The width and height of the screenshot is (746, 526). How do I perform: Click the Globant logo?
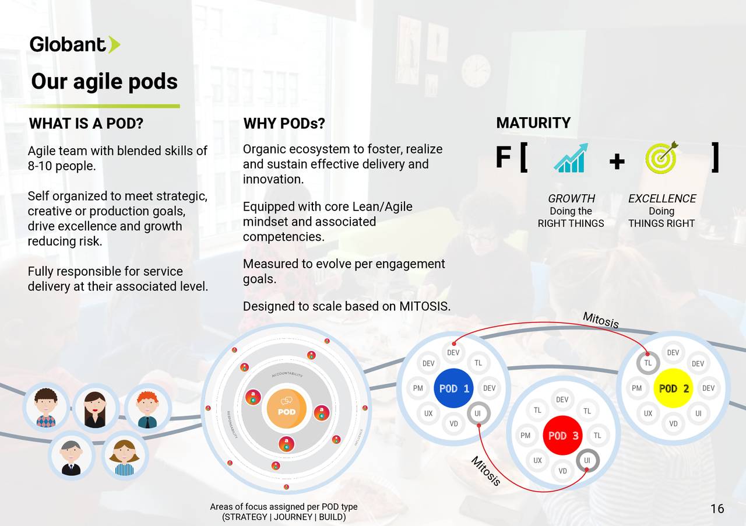(x=75, y=44)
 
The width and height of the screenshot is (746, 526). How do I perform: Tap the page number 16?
(x=717, y=509)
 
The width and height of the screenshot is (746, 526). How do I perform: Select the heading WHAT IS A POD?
(x=86, y=124)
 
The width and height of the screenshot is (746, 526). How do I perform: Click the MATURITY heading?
(x=533, y=123)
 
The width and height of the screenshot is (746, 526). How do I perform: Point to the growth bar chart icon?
(x=571, y=158)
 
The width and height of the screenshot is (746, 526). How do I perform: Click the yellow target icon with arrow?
(x=661, y=157)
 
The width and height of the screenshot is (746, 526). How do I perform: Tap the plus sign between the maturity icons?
(x=617, y=160)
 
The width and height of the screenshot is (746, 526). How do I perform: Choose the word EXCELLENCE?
(x=662, y=198)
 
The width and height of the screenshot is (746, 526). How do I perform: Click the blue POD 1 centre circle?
(x=453, y=388)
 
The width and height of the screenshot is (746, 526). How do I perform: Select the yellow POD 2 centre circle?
(x=674, y=388)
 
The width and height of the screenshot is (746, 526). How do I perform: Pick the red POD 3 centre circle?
(x=562, y=436)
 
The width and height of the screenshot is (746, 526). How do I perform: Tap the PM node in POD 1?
(x=418, y=388)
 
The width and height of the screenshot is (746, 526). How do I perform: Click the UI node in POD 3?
(x=587, y=460)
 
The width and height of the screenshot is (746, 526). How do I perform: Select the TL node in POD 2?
(x=648, y=363)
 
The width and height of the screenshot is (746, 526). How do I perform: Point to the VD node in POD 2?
(x=673, y=423)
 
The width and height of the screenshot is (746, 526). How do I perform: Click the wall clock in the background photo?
(x=476, y=71)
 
